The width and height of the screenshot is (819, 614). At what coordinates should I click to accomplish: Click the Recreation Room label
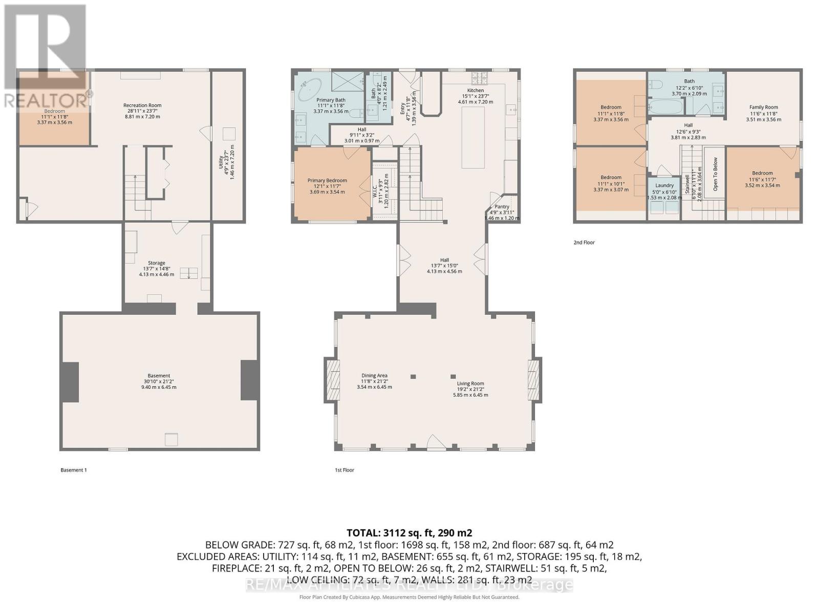[x=142, y=105]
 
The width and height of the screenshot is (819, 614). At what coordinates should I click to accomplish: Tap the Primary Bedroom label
[x=327, y=181]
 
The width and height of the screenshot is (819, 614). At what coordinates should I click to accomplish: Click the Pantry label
[x=502, y=207]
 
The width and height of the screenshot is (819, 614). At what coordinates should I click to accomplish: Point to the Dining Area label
[x=374, y=376]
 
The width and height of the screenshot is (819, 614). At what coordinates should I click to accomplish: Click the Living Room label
[x=470, y=384]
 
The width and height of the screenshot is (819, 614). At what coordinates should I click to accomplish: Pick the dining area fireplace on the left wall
[x=332, y=379]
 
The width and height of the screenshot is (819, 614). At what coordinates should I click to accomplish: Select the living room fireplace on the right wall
[x=534, y=379]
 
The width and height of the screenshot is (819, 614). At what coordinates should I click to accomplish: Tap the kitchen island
[x=473, y=137]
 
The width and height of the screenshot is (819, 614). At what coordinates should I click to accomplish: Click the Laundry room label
[x=664, y=186]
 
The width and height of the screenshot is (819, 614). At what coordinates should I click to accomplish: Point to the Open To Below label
[x=716, y=174]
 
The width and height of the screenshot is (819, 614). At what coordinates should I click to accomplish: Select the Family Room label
[x=764, y=107]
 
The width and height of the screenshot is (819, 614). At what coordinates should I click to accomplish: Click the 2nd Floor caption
[x=584, y=243]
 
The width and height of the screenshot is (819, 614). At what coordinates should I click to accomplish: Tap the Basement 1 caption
[x=74, y=470]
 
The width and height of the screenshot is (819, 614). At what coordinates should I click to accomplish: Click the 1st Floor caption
[x=344, y=470]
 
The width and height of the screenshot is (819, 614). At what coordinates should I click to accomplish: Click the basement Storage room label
[x=157, y=263]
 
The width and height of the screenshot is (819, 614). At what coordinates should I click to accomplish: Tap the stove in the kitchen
[x=480, y=78]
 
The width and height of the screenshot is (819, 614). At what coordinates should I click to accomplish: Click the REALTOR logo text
[x=46, y=99]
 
